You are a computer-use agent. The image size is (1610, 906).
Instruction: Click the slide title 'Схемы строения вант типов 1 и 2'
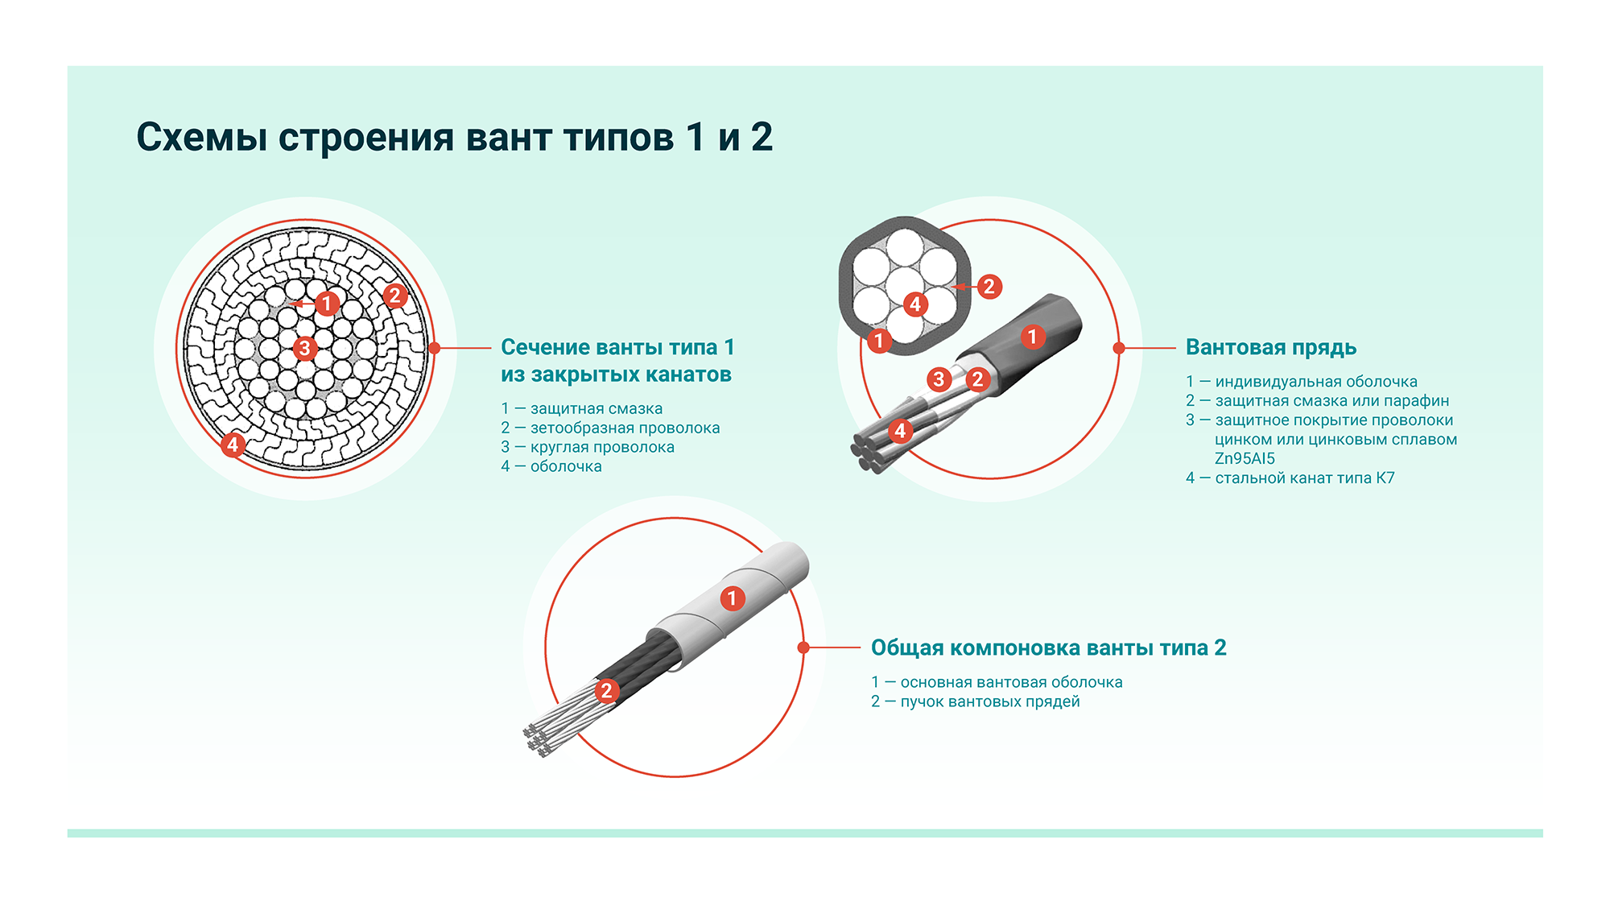click(x=454, y=137)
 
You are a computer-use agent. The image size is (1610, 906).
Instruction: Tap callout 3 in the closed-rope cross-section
click(x=304, y=349)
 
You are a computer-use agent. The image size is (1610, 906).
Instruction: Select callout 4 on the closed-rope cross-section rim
click(x=233, y=445)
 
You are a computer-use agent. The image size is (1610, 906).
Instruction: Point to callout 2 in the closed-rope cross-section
click(x=394, y=296)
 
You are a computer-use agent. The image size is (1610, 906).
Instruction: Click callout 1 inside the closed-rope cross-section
click(x=327, y=304)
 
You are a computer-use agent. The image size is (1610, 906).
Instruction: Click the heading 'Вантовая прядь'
click(x=1271, y=348)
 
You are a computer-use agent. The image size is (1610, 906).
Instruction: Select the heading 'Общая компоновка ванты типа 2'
click(x=1048, y=648)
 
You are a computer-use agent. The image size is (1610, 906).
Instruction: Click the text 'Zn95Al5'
click(x=1245, y=458)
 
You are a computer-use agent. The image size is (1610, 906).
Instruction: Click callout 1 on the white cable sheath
click(x=732, y=598)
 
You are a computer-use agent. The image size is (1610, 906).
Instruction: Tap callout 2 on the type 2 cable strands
click(x=607, y=690)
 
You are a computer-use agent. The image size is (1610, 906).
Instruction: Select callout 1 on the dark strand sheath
click(x=1033, y=337)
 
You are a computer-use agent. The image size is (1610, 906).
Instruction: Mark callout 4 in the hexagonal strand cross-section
click(x=914, y=304)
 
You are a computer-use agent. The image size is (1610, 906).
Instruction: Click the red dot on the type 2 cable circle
click(x=803, y=647)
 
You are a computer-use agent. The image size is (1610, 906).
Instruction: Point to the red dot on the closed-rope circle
click(x=435, y=348)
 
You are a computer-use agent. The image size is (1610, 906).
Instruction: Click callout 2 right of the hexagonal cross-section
click(x=989, y=286)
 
